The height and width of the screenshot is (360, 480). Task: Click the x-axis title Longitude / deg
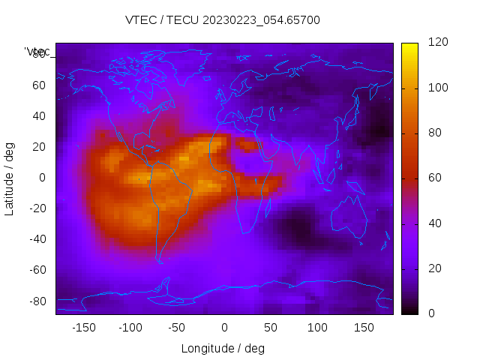click(223, 348)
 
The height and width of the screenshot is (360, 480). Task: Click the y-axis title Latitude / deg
click(10, 177)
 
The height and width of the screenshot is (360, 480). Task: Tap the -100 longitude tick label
click(130, 328)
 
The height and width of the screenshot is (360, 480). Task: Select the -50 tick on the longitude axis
click(177, 328)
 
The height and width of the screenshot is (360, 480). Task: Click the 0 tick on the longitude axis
click(224, 328)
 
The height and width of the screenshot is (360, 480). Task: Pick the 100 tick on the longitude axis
click(317, 328)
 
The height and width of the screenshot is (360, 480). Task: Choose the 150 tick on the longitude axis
click(364, 328)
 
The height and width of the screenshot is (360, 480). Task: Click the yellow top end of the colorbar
click(409, 46)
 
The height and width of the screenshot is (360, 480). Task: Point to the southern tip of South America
click(160, 260)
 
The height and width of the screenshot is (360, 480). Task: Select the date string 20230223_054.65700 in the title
click(262, 20)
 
